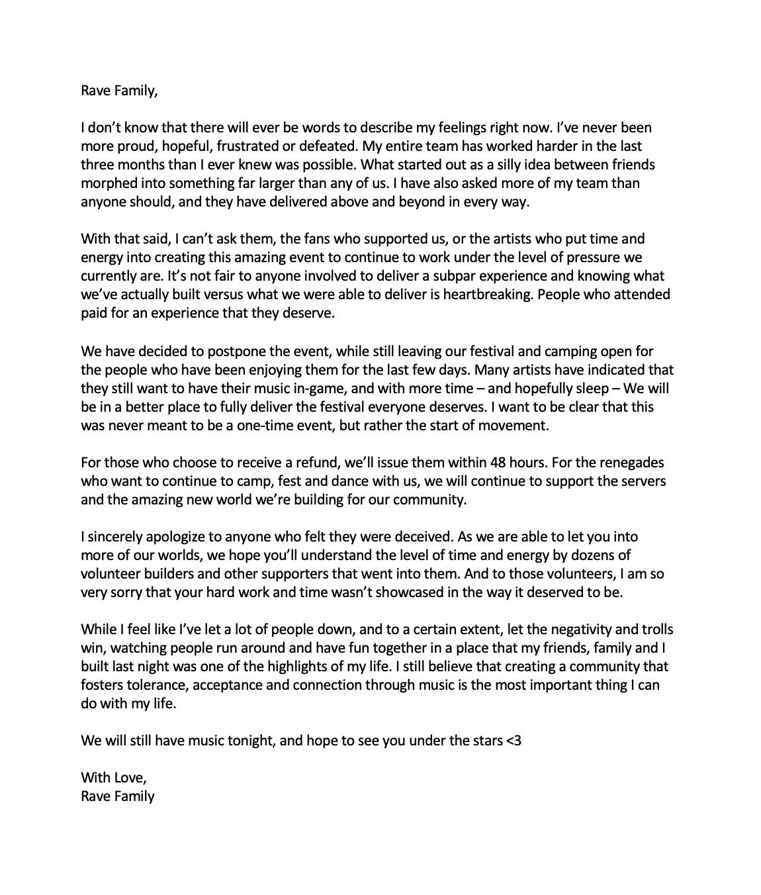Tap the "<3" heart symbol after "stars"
(514, 740)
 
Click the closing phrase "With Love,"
(114, 777)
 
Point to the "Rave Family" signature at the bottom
(118, 796)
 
